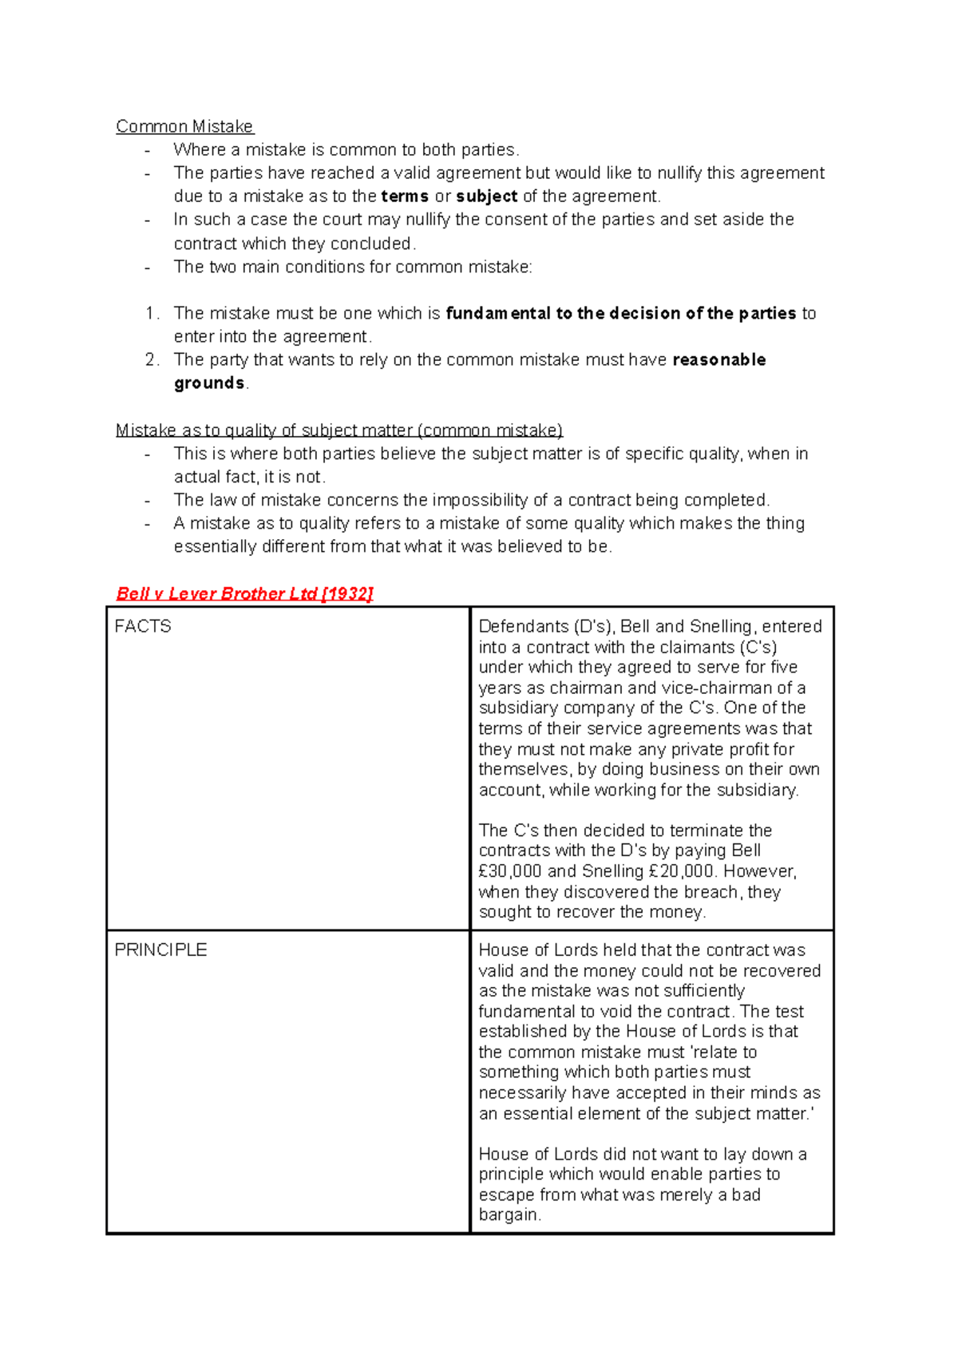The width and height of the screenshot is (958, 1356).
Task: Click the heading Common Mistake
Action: pos(184,126)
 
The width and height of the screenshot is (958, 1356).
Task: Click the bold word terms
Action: pos(405,196)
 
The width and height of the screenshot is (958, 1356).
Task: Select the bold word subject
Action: pos(486,196)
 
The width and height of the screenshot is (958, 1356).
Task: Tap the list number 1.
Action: pos(152,313)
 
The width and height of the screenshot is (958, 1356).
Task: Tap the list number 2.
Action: pos(152,360)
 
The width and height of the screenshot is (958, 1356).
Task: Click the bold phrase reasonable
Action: pos(719,360)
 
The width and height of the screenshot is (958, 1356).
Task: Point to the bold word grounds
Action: pos(209,383)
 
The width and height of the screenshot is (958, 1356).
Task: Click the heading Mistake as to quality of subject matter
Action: pos(339,430)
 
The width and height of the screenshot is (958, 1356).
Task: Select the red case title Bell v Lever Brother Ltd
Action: pos(216,593)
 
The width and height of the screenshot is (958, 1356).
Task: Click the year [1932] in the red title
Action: pos(346,593)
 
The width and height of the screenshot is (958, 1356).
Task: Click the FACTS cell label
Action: pos(143,626)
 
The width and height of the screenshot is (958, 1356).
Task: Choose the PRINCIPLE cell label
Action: pos(160,950)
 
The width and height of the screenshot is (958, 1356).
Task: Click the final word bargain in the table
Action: pos(509,1215)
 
